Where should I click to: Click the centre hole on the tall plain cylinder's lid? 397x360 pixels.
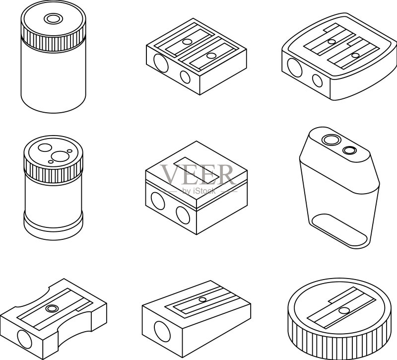click(54, 19)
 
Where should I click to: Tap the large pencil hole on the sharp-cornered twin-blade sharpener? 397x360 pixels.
click(161, 63)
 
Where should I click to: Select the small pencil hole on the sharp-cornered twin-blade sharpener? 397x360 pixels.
click(185, 77)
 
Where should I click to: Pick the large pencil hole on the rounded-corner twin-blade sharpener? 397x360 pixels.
click(294, 68)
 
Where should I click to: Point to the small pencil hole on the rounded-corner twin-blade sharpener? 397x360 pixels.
click(317, 81)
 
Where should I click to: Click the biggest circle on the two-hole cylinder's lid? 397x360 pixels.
click(60, 156)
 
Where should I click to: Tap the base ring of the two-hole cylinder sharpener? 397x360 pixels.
click(53, 227)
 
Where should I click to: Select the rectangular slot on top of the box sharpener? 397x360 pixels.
click(197, 170)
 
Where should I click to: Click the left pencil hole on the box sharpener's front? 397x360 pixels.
click(158, 201)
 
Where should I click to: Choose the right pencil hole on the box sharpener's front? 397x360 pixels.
click(183, 216)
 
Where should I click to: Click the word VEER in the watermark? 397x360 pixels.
click(197, 174)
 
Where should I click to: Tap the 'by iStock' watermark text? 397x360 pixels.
click(199, 191)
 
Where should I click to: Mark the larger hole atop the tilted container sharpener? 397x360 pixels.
click(331, 140)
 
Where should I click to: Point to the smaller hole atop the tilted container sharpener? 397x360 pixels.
click(350, 150)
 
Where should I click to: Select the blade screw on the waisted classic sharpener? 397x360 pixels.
click(52, 308)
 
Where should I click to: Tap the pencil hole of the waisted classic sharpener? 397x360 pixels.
click(24, 340)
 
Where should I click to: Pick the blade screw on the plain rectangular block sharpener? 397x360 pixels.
click(202, 299)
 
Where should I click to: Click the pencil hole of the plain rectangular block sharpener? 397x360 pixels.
click(162, 331)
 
